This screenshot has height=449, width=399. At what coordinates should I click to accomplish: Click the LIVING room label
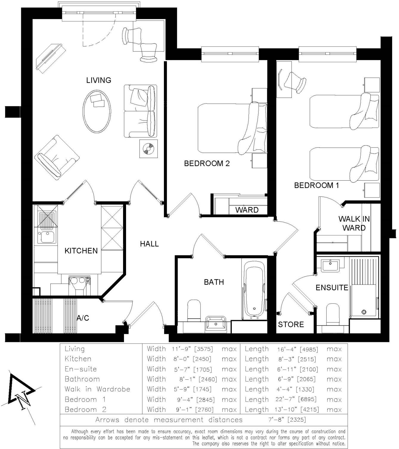(x=99, y=80)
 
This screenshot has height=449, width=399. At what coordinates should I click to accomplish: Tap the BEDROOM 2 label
(x=207, y=163)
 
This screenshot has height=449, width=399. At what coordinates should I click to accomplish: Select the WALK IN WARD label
(x=354, y=223)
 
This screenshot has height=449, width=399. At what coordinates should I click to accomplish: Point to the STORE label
(x=291, y=324)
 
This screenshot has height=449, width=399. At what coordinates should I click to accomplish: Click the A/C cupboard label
(x=83, y=318)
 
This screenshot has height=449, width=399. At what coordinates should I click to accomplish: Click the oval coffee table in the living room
(x=97, y=111)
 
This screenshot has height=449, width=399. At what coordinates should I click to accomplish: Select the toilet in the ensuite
(x=333, y=314)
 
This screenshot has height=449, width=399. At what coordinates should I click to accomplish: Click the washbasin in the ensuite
(x=330, y=265)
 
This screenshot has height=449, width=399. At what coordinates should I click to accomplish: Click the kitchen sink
(x=47, y=237)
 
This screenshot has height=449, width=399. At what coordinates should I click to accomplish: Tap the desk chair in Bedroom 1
(x=295, y=82)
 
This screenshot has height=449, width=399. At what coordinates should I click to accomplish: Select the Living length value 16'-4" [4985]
(x=297, y=349)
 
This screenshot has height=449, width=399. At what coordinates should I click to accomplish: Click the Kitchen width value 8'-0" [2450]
(x=192, y=359)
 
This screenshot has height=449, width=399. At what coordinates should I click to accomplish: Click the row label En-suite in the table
(x=80, y=369)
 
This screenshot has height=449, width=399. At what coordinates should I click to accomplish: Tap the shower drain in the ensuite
(x=364, y=312)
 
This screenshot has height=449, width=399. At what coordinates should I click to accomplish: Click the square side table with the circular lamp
(x=148, y=148)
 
